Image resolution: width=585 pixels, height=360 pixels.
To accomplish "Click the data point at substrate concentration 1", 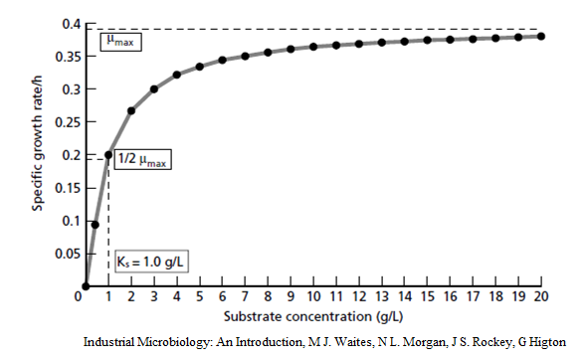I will coord(108,155).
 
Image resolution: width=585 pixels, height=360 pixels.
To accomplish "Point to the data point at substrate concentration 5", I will coord(200,67).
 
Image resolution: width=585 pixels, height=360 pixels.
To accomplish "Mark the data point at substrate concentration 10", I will coord(313,46).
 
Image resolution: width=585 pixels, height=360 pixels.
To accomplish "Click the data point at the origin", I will coord(87,286).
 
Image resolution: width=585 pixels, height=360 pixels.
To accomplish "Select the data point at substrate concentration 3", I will coord(154,89).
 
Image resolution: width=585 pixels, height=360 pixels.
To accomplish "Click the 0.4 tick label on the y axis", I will coord(69,23).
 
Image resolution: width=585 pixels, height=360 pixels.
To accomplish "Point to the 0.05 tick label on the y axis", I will coord(65,254).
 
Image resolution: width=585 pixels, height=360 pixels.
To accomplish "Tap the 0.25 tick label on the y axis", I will coord(65,122).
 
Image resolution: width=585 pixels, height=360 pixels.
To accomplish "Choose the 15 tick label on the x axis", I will coord(428,297).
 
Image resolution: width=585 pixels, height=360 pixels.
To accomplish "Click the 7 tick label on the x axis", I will coord(246,297).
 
